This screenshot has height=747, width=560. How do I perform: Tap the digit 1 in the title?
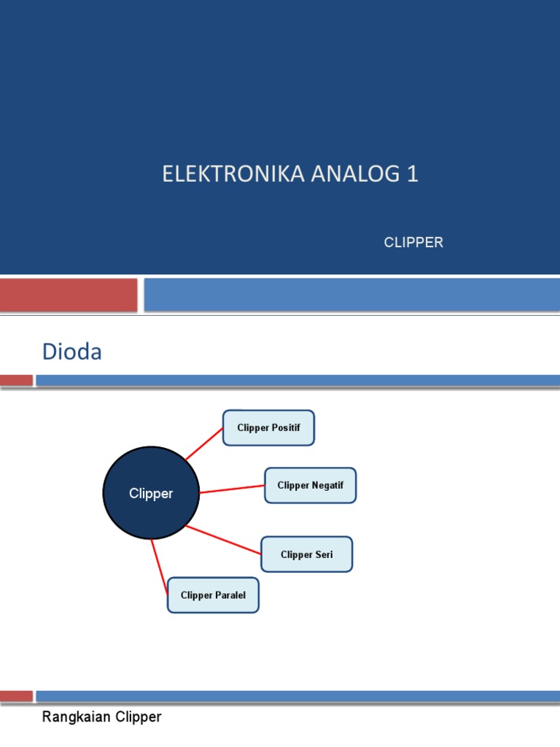click(413, 175)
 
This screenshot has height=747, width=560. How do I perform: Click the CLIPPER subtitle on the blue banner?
click(413, 243)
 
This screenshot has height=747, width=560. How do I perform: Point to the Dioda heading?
click(72, 352)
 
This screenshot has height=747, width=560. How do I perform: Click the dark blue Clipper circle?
click(151, 494)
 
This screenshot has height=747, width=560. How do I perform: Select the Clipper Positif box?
click(268, 427)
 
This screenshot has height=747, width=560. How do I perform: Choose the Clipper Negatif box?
click(311, 485)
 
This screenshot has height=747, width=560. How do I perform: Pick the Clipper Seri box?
click(307, 554)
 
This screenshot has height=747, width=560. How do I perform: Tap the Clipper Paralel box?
click(213, 595)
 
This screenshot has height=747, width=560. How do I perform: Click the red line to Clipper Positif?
click(204, 444)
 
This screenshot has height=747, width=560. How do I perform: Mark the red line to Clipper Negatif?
click(232, 489)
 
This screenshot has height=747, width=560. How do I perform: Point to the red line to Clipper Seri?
click(224, 539)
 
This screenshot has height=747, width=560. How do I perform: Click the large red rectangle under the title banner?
click(69, 295)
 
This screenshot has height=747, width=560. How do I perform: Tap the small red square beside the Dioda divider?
click(16, 380)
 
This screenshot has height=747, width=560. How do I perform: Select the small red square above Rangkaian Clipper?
click(16, 696)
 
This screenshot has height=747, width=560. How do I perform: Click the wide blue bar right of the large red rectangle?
click(351, 295)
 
